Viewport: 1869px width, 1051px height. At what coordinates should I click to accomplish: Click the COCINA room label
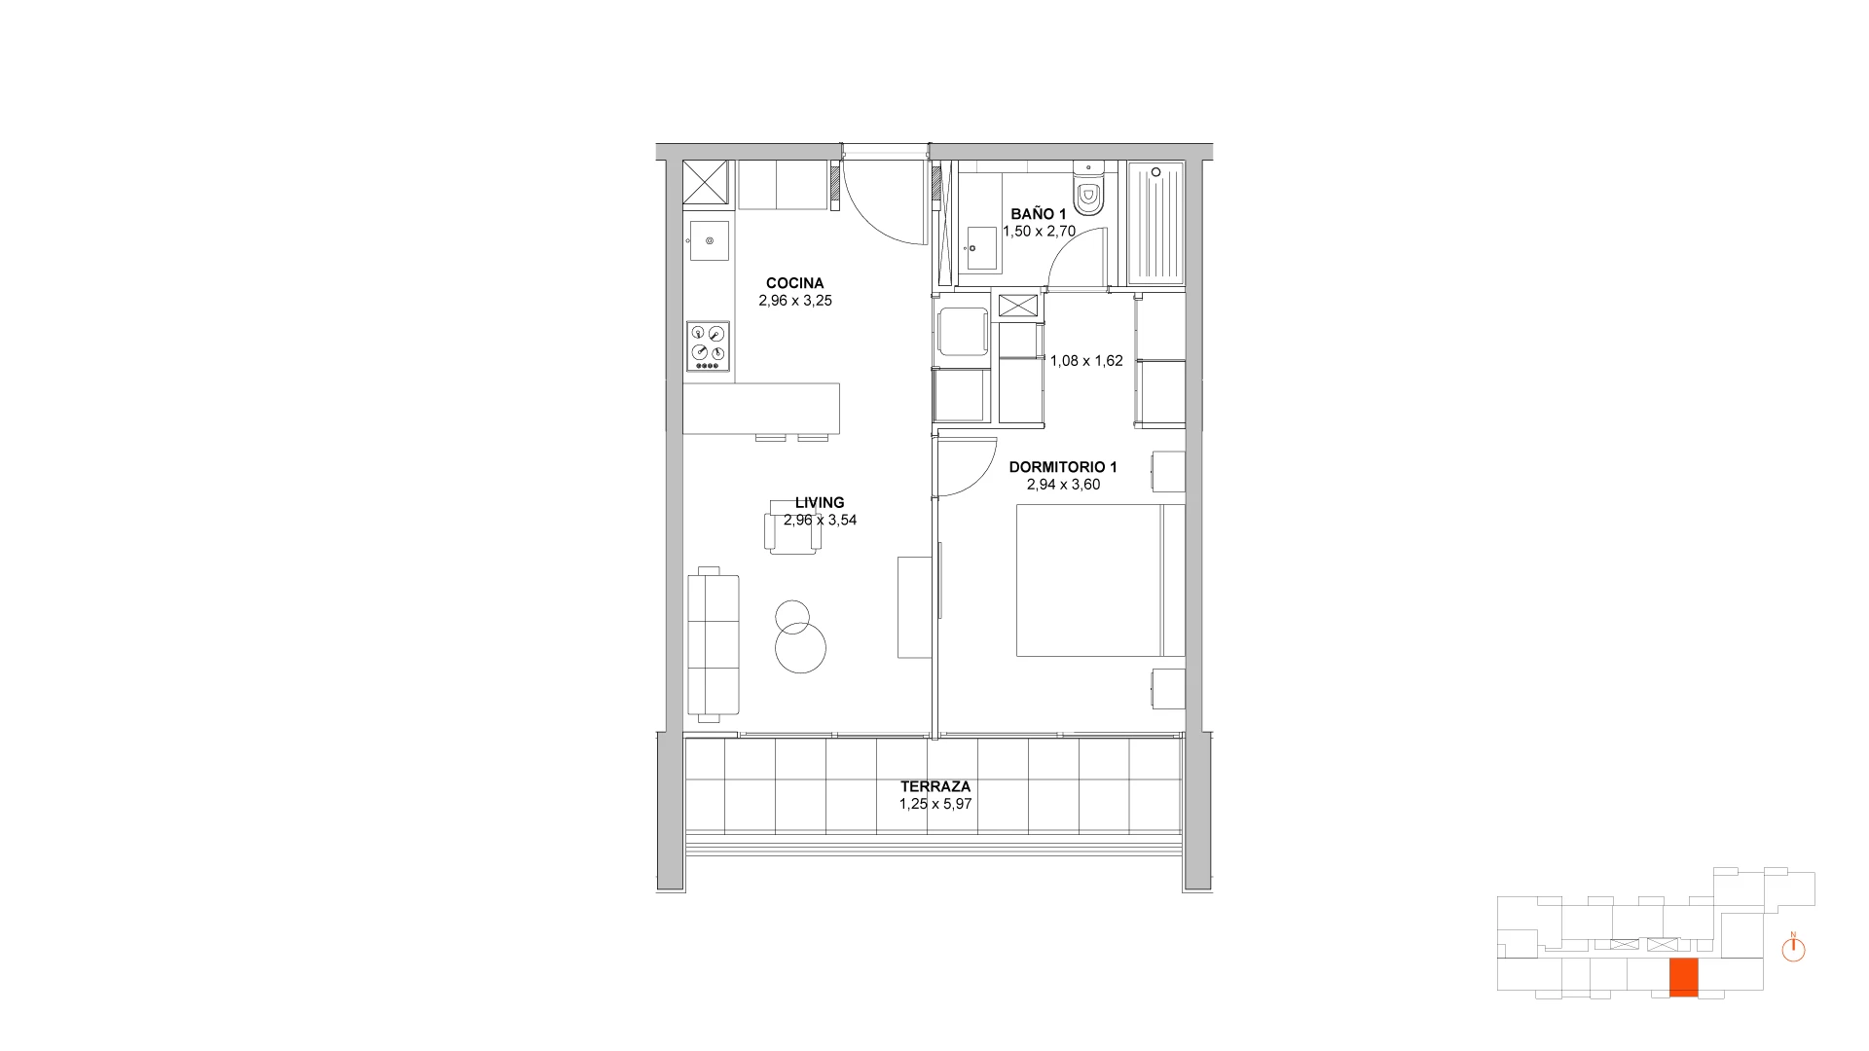(794, 284)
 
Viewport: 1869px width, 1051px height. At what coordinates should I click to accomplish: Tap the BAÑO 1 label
(1039, 214)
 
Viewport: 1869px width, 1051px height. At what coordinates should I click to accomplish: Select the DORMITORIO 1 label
(1063, 467)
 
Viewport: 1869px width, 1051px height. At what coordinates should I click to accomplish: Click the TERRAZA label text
(935, 786)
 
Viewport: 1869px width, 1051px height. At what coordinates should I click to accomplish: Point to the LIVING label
(820, 503)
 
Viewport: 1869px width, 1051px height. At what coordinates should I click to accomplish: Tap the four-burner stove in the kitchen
(708, 346)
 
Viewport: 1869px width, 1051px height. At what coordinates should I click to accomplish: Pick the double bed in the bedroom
(1100, 580)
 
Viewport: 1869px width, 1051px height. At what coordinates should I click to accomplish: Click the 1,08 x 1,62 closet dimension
(1086, 361)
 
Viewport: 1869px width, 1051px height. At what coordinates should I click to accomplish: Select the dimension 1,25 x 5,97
(935, 804)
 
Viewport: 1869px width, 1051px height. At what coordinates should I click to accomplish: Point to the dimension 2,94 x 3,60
(1063, 485)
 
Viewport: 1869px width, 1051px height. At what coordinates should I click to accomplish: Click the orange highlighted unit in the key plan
(1684, 977)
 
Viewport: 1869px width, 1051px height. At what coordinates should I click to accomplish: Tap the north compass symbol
(1793, 948)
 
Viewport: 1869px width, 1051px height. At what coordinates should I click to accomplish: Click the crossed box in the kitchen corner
(707, 185)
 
